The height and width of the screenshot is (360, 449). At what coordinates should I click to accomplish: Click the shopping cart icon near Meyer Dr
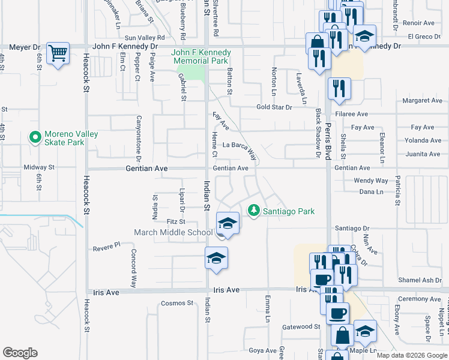tap(58, 53)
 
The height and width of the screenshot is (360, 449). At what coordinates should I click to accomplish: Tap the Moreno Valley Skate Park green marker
tap(35, 137)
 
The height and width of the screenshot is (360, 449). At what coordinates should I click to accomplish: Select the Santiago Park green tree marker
tap(254, 211)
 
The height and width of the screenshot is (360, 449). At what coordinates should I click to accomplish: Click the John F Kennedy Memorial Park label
tap(202, 56)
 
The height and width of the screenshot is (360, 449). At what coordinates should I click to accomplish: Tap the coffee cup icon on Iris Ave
tap(322, 280)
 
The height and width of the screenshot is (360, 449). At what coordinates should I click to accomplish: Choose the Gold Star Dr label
tap(274, 107)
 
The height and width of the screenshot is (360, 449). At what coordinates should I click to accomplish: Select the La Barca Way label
tap(243, 146)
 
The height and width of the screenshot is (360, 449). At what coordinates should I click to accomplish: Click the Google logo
tap(20, 353)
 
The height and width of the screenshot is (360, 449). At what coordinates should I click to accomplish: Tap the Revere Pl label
tap(107, 246)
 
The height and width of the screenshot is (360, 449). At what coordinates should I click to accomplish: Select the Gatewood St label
tap(301, 326)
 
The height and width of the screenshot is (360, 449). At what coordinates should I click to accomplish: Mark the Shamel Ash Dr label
tap(420, 280)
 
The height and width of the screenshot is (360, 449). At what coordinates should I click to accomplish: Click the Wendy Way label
tap(370, 180)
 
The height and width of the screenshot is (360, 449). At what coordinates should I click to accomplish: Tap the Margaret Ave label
tap(422, 100)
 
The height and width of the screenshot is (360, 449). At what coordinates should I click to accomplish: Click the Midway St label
tap(39, 167)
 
